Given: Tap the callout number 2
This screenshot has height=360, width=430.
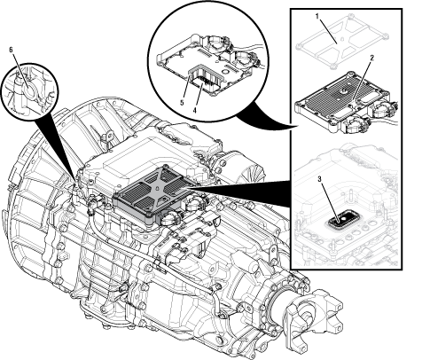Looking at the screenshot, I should [x=371, y=58].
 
